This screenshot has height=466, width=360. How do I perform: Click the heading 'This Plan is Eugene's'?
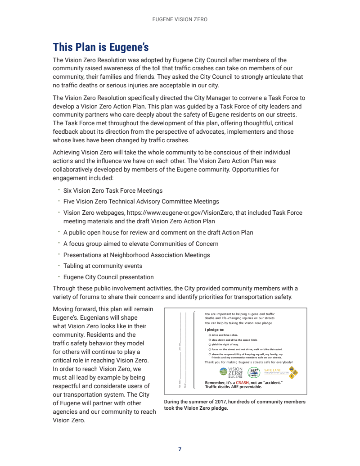[x=101, y=47]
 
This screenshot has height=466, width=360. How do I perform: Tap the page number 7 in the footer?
[x=180, y=449]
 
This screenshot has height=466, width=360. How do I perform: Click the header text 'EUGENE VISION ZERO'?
[x=180, y=20]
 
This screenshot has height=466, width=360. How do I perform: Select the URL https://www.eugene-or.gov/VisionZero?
[x=180, y=213]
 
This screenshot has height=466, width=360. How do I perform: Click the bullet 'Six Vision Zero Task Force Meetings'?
[x=113, y=191]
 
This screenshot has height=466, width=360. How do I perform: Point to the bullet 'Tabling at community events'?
[x=103, y=266]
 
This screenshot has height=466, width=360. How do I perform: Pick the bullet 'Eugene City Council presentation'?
[x=108, y=277]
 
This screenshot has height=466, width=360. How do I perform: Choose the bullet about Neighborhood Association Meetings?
[x=136, y=255]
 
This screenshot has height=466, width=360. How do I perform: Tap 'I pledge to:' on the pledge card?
[x=214, y=330]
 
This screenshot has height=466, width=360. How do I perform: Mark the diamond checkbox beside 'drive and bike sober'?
[x=210, y=335]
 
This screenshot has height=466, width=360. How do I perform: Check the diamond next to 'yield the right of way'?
[x=210, y=344]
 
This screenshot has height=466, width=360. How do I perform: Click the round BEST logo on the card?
[x=254, y=372]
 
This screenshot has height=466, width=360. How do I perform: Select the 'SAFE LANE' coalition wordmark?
[x=275, y=371]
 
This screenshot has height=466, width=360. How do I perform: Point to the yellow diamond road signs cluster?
[x=293, y=372]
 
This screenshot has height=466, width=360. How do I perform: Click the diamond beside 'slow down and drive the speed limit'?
[x=210, y=340]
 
